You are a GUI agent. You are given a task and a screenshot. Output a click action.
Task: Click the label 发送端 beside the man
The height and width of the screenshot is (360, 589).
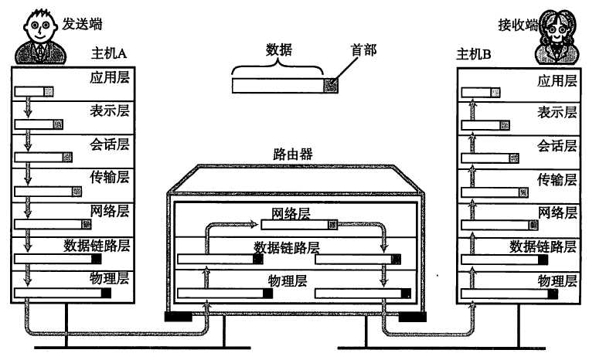point(82,24)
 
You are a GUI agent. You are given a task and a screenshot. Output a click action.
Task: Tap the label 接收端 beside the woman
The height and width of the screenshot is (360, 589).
point(518,25)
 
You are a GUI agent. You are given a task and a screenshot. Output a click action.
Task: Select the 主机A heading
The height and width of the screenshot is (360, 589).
point(108,53)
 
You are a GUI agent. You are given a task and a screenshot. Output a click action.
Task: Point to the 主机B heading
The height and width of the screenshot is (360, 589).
point(474,54)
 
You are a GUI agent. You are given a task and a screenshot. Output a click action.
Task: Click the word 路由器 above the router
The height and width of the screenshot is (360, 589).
point(293,154)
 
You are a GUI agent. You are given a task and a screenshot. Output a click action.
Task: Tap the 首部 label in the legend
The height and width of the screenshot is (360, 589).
point(363,50)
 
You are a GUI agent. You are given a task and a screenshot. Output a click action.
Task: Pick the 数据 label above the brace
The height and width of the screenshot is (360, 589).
point(279,49)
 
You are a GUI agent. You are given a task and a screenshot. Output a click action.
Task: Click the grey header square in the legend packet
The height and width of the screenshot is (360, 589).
point(331,86)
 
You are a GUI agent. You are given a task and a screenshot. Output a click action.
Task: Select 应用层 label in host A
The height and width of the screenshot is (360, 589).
point(109,77)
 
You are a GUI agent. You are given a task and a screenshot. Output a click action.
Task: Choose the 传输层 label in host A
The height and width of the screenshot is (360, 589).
point(109,177)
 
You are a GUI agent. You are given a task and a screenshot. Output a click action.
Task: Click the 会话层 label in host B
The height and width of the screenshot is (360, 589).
point(557,146)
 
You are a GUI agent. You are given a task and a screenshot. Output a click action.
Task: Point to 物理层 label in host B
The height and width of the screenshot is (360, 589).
point(557,280)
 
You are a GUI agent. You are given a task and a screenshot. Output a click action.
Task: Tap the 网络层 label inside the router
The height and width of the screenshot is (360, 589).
point(291,213)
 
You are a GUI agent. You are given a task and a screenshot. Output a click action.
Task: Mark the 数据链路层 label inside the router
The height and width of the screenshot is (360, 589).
point(287,247)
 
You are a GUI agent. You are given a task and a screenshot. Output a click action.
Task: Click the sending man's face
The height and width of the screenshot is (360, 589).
point(39,27)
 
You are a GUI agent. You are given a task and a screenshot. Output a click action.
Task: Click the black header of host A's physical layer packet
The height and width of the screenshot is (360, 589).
point(106,293)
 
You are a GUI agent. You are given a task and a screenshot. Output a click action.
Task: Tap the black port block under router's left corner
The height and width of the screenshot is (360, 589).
point(179,317)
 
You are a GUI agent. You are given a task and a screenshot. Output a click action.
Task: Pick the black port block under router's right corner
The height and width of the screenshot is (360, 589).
point(412,318)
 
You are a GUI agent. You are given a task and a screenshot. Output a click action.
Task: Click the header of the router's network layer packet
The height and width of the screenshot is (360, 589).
point(333,225)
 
